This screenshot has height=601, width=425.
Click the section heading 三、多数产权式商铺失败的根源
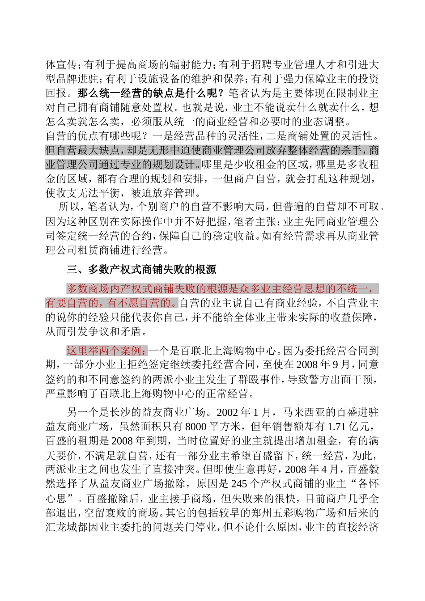pos(141,270)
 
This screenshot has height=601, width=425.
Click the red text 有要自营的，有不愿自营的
pos(111,303)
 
